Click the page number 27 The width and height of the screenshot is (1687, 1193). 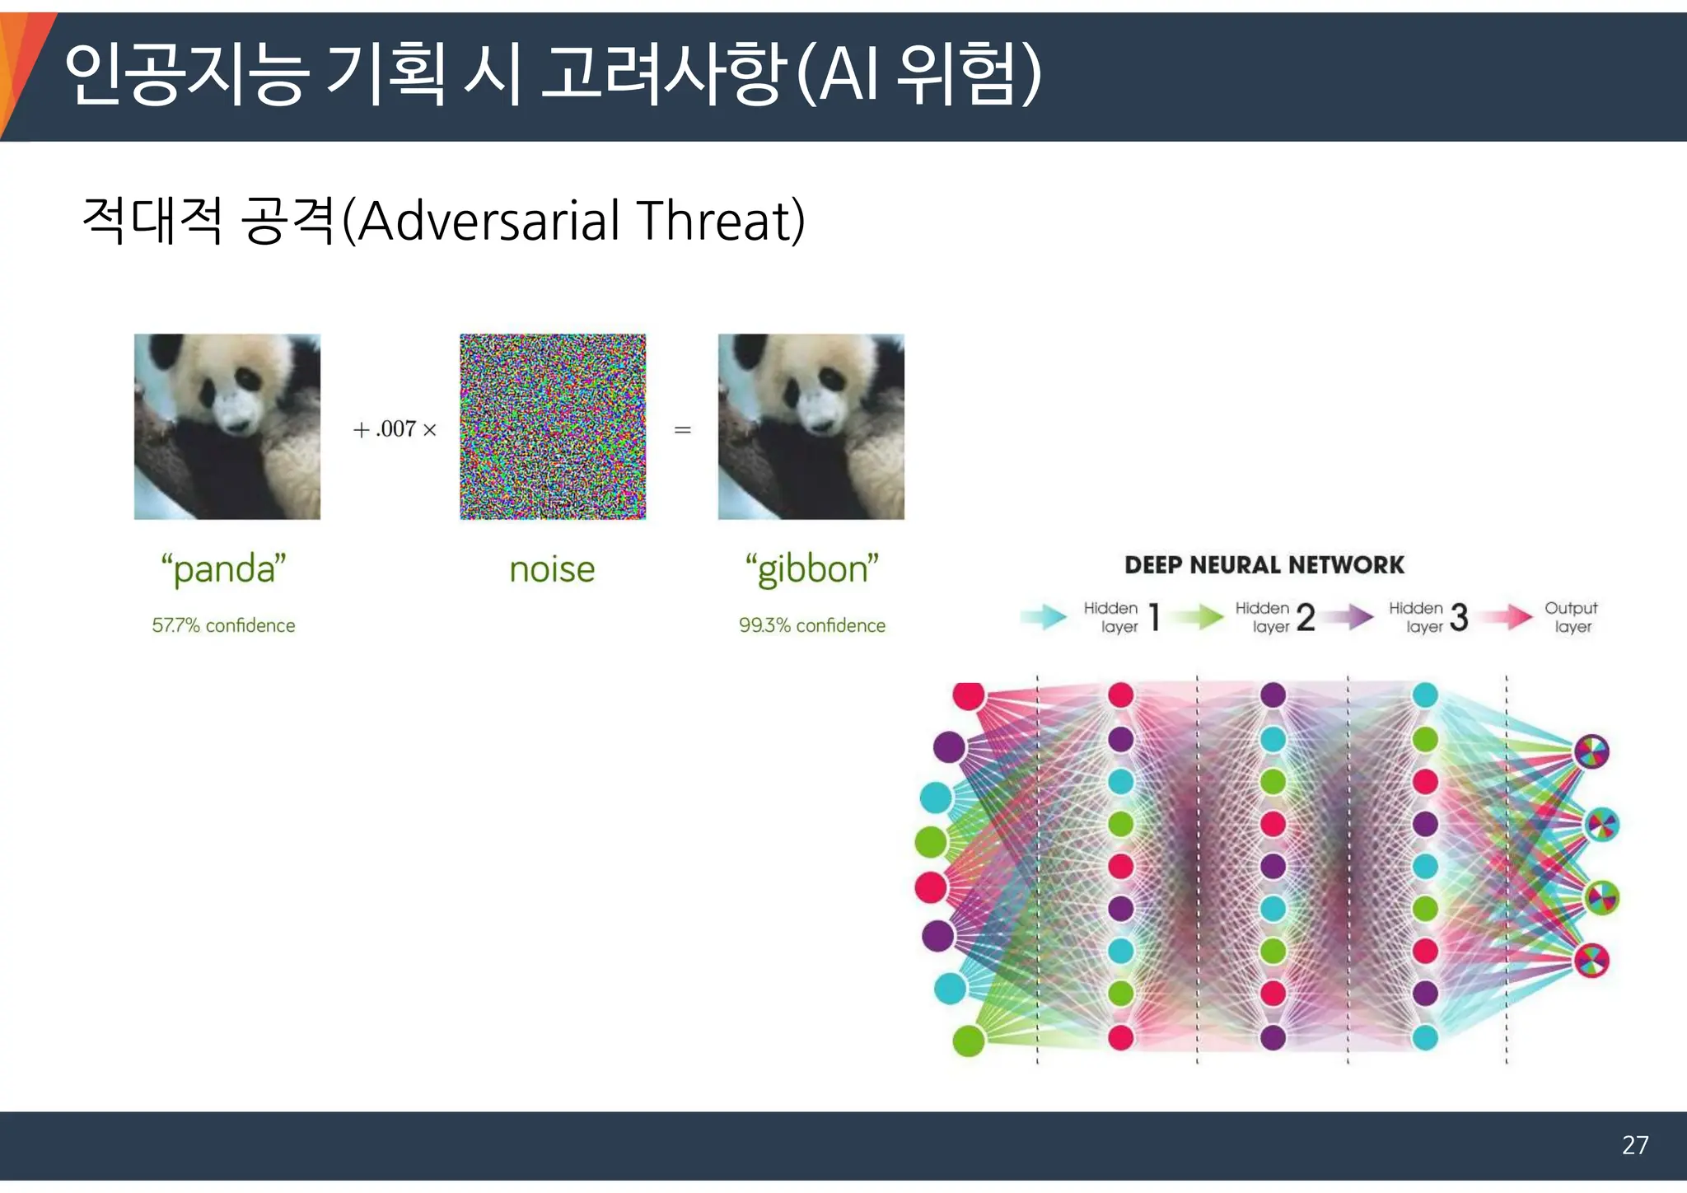pos(1634,1145)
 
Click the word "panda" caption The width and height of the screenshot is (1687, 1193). pos(223,569)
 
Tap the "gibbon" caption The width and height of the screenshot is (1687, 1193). pos(811,569)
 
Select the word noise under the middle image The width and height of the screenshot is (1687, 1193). pos(552,569)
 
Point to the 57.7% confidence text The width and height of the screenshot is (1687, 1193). pos(223,625)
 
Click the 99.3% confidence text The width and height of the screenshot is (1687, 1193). pos(811,625)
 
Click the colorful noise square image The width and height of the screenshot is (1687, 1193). pos(553,427)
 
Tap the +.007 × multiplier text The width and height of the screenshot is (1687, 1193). pos(395,429)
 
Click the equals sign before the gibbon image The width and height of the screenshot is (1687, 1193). pos(682,429)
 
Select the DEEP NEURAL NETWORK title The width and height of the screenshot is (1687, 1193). pos(1264,565)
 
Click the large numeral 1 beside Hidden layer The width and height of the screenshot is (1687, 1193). pos(1155,617)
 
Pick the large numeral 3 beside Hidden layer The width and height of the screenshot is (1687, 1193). pos(1459,617)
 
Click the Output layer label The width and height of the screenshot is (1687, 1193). pos(1571,617)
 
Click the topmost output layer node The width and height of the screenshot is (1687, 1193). pos(1591,751)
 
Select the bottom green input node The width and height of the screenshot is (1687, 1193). pos(969,1041)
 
